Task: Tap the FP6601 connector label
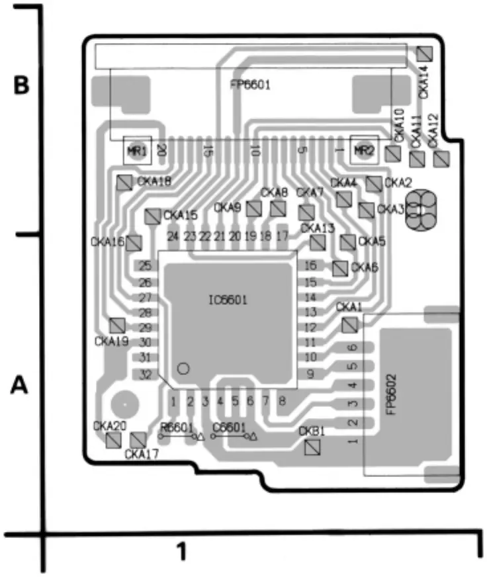coord(250,85)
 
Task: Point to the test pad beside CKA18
coord(124,183)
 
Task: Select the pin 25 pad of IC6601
coord(145,266)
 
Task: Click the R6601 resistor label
coord(177,427)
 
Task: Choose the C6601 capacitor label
coord(230,427)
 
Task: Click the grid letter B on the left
coord(22,86)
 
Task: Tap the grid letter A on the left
coord(21,385)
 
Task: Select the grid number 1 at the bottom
coord(181,550)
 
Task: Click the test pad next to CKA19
coord(117,325)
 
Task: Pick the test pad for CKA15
coord(153,216)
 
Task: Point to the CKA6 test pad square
coord(339,268)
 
